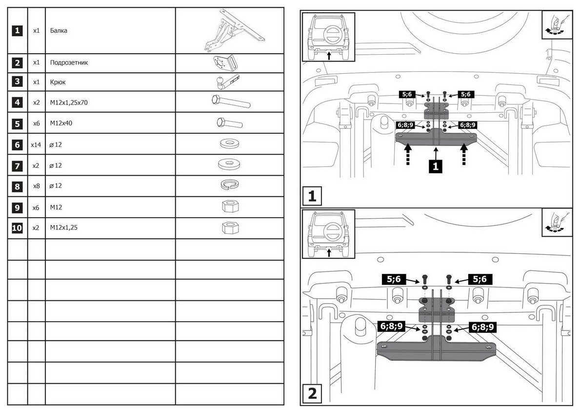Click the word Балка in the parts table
coord(59,30)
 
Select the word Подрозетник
coord(69,63)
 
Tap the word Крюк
coord(58,82)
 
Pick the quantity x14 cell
coord(36,145)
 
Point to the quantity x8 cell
coord(36,186)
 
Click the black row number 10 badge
coord(17,228)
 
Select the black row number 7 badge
coord(17,165)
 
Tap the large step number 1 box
coord(312,196)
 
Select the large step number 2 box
coord(312,393)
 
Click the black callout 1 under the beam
coord(435,166)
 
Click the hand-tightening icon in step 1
coord(556,25)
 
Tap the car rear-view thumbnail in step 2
coord(328,233)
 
